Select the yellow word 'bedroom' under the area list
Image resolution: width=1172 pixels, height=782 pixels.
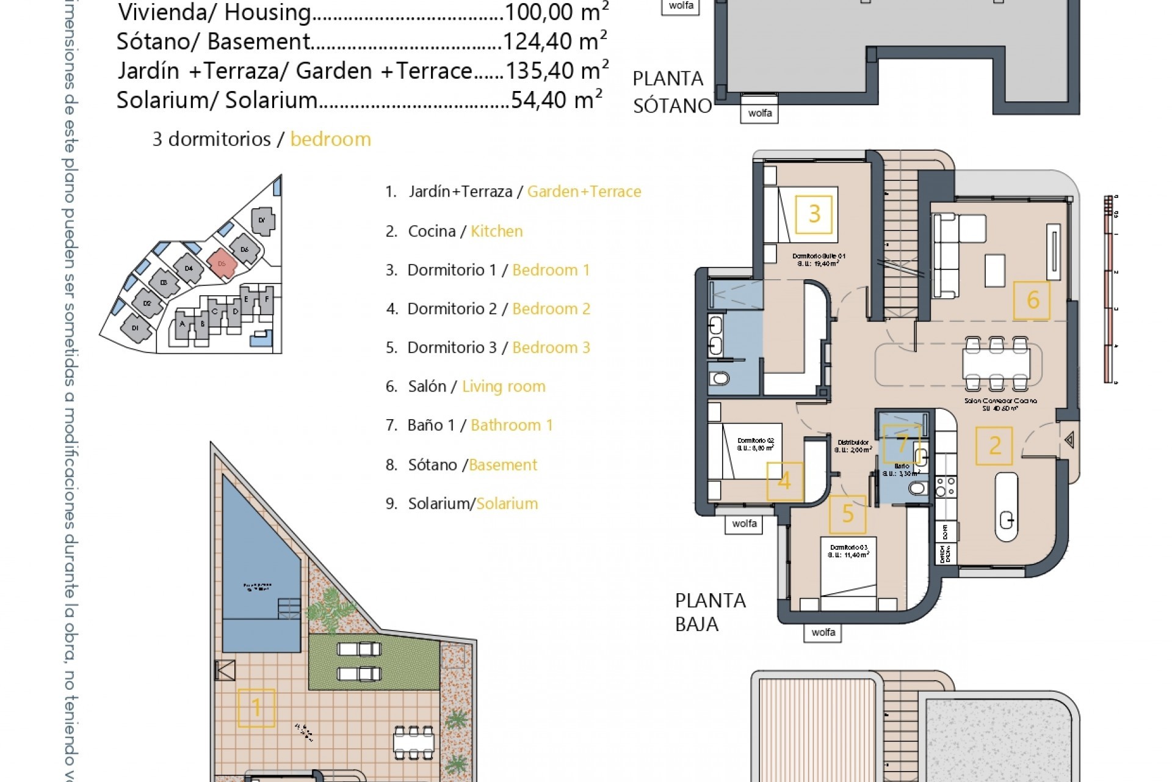(x=330, y=139)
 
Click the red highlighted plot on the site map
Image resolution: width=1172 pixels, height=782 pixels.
(x=222, y=264)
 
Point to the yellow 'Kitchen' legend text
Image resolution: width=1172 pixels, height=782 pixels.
(x=496, y=231)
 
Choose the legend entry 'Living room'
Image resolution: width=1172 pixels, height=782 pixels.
(x=503, y=386)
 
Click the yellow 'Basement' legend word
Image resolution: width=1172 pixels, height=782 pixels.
(x=503, y=465)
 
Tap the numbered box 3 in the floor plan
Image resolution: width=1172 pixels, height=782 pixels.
(x=814, y=214)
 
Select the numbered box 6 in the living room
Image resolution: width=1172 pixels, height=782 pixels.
(x=1032, y=300)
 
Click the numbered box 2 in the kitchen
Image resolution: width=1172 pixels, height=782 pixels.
(x=994, y=445)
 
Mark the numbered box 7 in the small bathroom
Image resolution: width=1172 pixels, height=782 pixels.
(x=902, y=442)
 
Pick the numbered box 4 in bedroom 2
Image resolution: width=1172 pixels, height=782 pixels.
(x=784, y=481)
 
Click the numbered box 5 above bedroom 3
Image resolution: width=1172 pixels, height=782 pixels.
(x=847, y=514)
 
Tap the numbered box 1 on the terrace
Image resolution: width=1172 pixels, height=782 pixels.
(x=256, y=707)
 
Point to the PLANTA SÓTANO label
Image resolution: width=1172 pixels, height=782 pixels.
(x=671, y=92)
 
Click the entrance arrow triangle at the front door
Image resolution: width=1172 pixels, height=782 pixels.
(x=1069, y=440)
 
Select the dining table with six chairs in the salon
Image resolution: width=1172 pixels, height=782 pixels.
(x=996, y=364)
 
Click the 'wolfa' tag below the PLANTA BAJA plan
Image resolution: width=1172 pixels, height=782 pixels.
(x=823, y=632)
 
